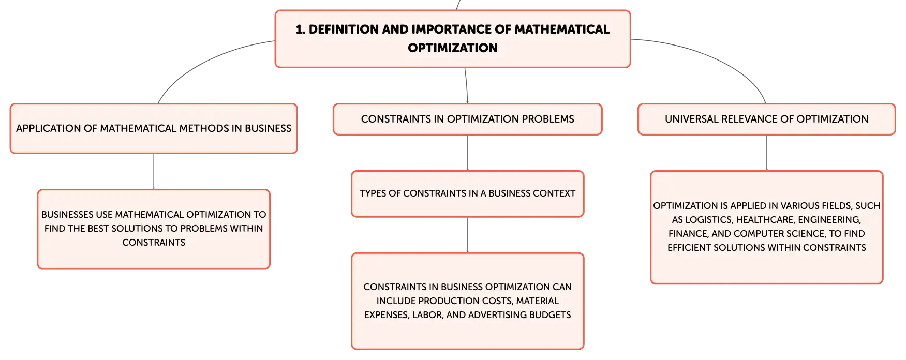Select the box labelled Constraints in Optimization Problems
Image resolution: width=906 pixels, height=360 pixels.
coord(468,119)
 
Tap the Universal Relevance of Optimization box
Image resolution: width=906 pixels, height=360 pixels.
coord(766,119)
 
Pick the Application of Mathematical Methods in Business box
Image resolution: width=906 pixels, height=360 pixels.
coord(154,129)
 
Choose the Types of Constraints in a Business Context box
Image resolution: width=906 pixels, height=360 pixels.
coord(468,194)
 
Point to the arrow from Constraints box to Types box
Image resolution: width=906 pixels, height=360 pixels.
coord(468,153)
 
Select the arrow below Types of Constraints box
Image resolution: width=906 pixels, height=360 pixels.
coord(468,235)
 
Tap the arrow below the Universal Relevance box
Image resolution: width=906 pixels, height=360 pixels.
coord(767,153)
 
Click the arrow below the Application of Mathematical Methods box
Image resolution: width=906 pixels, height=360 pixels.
coord(154,172)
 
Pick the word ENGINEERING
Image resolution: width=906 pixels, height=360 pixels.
coord(829,220)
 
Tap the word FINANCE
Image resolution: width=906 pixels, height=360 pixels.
coord(689,234)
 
